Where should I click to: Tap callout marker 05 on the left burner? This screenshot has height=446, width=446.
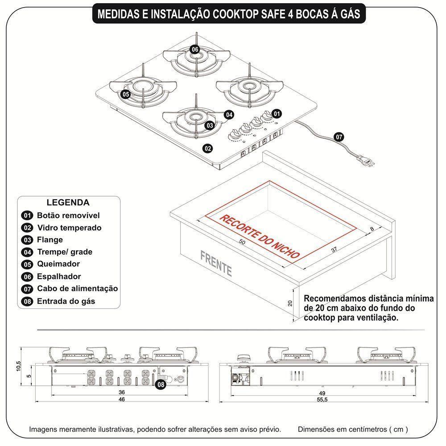point(125,94)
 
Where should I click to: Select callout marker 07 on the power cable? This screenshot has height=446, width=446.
point(339,137)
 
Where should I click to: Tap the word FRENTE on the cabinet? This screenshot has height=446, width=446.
point(216,264)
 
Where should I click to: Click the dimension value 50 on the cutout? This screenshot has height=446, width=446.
point(242,242)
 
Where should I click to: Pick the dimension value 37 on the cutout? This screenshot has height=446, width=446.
point(334,250)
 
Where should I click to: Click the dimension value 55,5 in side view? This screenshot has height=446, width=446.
point(322,400)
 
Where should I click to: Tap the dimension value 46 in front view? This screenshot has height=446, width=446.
point(122,400)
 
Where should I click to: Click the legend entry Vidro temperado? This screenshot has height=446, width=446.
point(69,228)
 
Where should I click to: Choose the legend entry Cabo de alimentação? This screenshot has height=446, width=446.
point(77,289)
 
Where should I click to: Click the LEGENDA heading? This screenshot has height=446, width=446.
point(68,202)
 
